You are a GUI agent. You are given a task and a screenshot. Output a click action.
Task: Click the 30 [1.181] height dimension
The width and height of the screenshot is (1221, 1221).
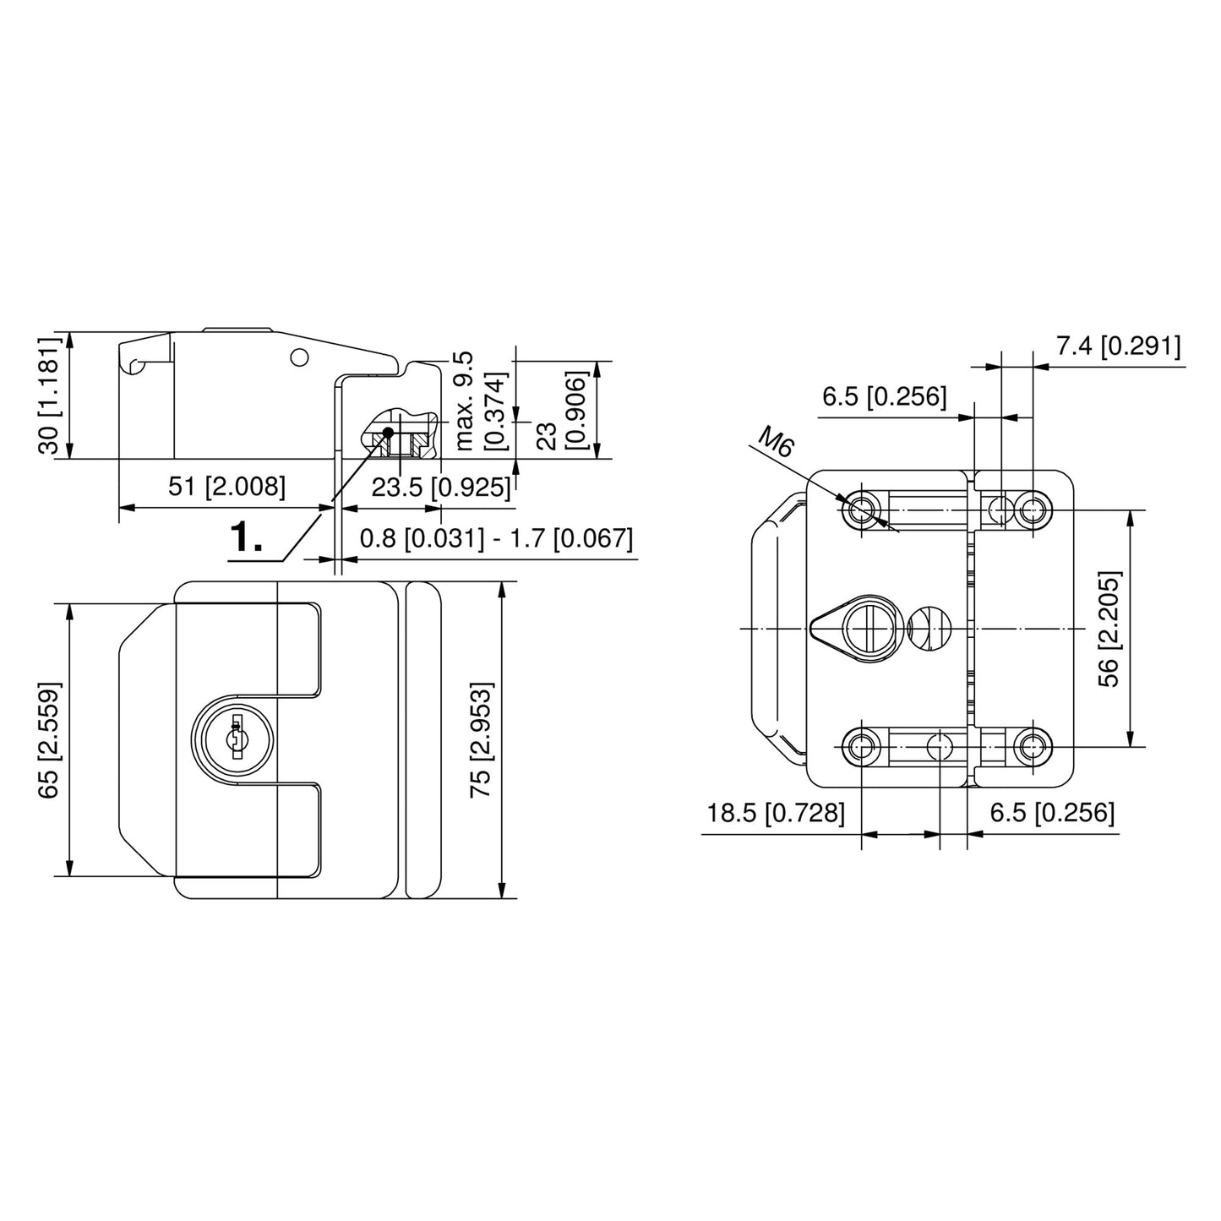point(50,395)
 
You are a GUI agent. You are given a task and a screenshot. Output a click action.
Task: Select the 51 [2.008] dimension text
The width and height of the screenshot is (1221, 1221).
point(227,487)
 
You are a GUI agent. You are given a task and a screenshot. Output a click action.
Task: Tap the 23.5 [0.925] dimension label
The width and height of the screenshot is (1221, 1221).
point(441,488)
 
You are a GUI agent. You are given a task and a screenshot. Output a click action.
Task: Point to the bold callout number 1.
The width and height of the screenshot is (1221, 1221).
point(246,537)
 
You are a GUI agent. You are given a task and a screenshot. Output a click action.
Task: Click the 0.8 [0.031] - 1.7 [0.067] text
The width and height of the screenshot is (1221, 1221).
point(496,538)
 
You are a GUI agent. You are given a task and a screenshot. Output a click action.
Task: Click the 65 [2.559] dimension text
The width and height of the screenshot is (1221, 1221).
point(50,739)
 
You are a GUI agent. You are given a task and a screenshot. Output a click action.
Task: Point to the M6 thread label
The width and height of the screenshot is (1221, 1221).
point(776,442)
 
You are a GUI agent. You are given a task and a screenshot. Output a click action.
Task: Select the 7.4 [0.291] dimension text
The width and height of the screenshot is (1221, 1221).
point(1118,346)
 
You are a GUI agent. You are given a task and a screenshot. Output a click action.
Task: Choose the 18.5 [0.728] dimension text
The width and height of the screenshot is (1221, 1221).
point(776,813)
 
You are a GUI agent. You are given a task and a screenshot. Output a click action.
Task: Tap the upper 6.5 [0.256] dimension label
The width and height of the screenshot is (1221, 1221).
point(884,395)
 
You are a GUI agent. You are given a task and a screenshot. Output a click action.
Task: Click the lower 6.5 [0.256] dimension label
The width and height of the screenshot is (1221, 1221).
point(1052,813)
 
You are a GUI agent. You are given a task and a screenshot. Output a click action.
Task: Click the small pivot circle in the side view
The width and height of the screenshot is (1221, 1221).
point(298,357)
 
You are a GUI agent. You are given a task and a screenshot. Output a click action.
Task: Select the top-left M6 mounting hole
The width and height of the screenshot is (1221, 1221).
point(862,510)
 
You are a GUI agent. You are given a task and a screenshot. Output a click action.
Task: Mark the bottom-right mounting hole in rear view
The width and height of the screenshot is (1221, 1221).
point(1032,747)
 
